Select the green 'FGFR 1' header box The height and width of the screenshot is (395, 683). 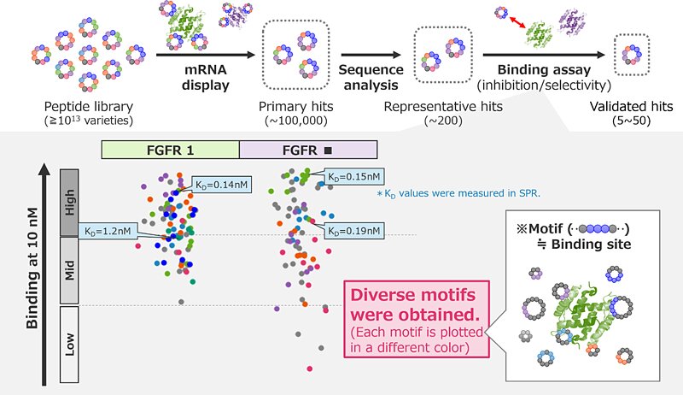coord(170,150)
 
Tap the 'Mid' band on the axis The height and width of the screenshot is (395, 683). coord(69,269)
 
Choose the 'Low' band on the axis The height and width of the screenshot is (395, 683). coord(69,342)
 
